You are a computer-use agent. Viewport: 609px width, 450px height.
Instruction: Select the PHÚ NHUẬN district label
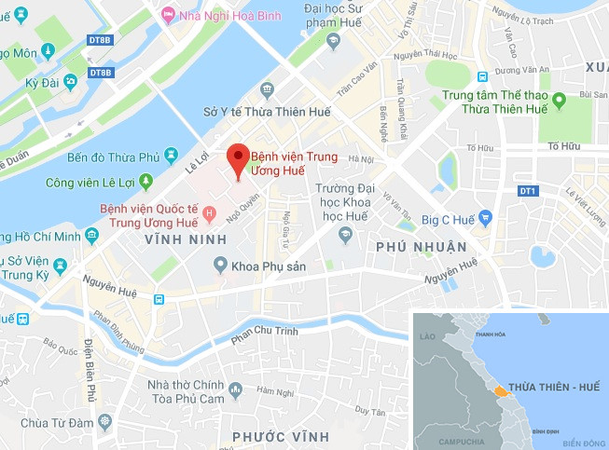point(422,247)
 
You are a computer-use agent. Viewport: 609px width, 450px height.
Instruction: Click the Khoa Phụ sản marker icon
point(220,266)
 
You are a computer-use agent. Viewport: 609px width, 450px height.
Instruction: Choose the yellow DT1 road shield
point(528,191)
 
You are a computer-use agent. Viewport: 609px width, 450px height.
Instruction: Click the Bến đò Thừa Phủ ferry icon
point(170,153)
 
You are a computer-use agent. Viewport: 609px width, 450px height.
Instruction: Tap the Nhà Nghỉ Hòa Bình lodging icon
point(168,14)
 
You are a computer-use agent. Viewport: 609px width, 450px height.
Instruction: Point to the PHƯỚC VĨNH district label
point(281,436)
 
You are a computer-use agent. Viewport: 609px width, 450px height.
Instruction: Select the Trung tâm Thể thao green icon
point(559,100)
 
